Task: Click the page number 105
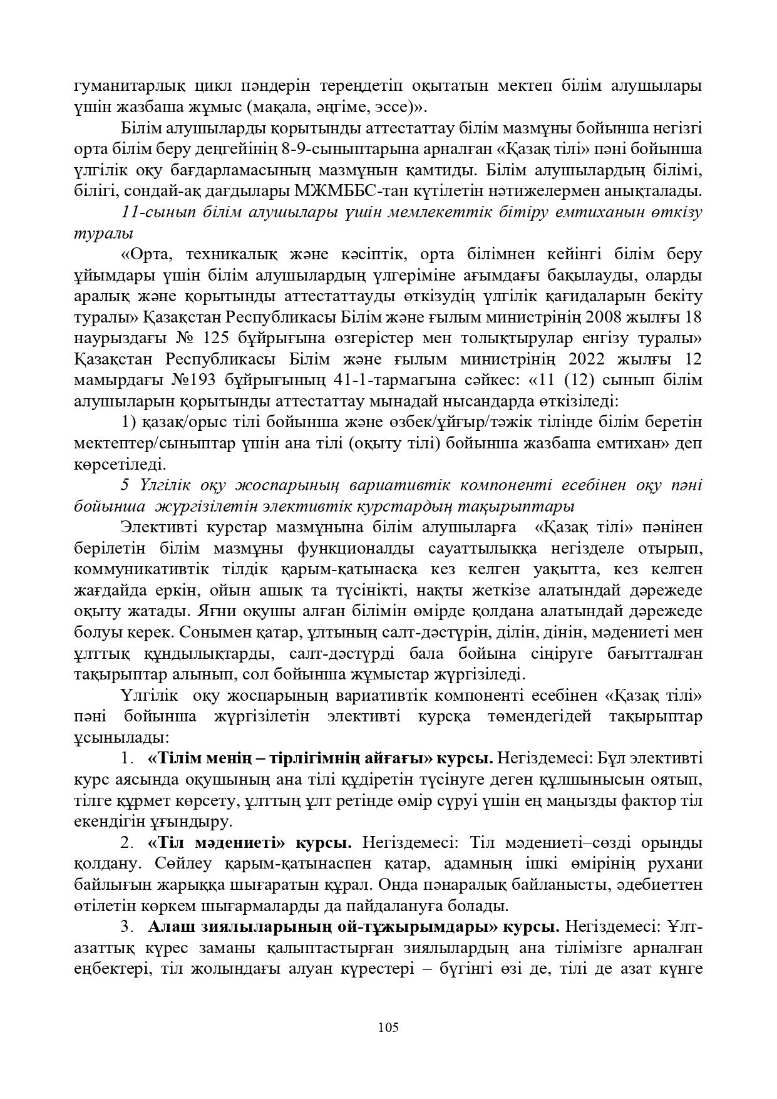coord(388,1027)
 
